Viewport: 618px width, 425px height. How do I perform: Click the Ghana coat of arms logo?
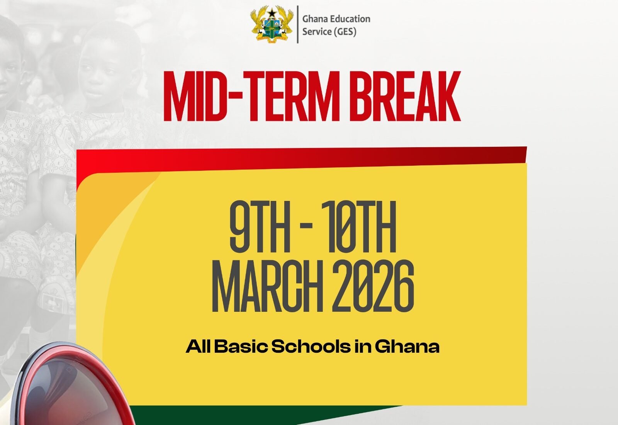pyautogui.click(x=272, y=24)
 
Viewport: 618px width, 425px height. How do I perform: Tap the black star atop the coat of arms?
pyautogui.click(x=272, y=12)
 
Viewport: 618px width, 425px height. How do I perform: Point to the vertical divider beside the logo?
pyautogui.click(x=298, y=24)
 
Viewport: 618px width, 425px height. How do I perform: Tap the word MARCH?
pyautogui.click(x=267, y=286)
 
